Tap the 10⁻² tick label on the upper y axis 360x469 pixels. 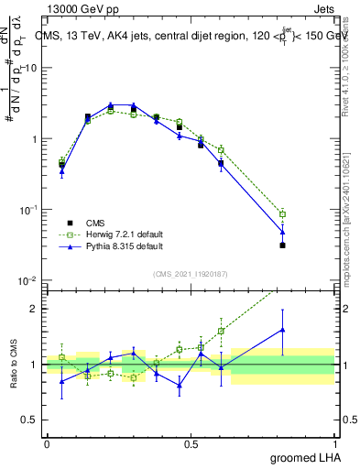[27, 280]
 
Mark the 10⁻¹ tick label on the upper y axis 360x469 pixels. [27, 210]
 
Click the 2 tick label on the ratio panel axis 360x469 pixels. [35, 309]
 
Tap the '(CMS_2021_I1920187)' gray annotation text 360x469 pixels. [190, 273]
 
